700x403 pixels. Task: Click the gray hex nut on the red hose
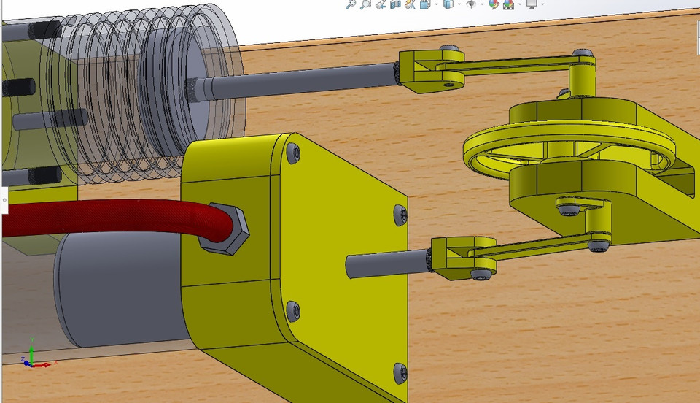227,229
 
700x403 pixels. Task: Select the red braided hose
109,218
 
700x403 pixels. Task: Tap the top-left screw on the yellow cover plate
293,153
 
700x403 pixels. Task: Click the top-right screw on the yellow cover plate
399,214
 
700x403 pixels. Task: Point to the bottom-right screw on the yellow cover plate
398,372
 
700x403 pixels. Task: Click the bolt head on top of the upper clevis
453,49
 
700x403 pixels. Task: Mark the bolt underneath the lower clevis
482,275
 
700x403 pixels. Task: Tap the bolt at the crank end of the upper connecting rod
582,54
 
